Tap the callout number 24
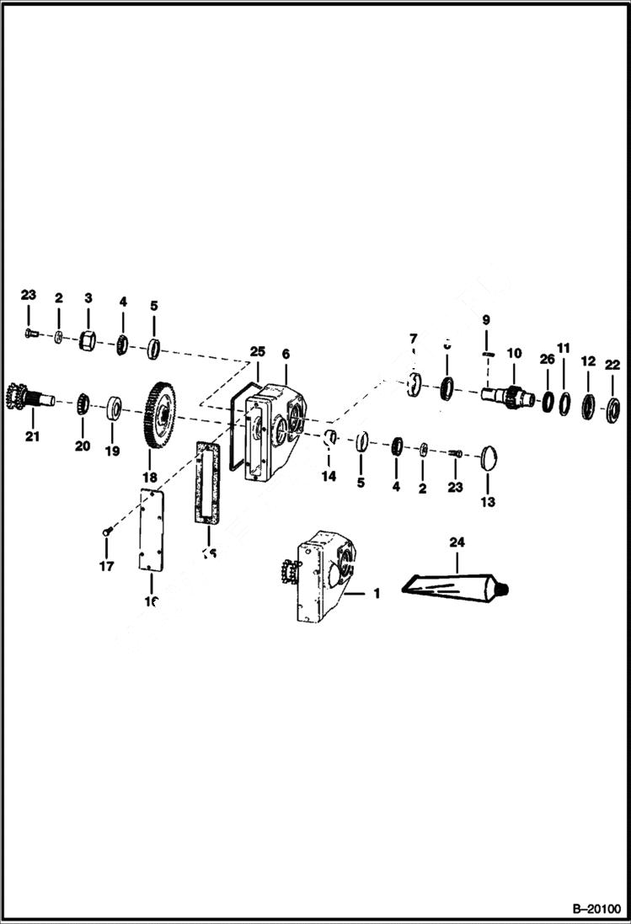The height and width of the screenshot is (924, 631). (457, 543)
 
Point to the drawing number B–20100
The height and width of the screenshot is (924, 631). (595, 910)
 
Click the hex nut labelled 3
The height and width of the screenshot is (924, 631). (87, 341)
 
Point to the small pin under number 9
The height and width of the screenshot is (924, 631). (486, 355)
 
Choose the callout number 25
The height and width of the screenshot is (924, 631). (257, 350)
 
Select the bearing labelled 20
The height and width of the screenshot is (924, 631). (83, 403)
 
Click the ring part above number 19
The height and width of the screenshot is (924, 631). (113, 410)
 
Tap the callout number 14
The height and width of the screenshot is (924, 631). (329, 477)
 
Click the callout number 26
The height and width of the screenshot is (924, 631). (547, 360)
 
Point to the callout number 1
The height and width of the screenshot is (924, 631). (376, 594)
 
